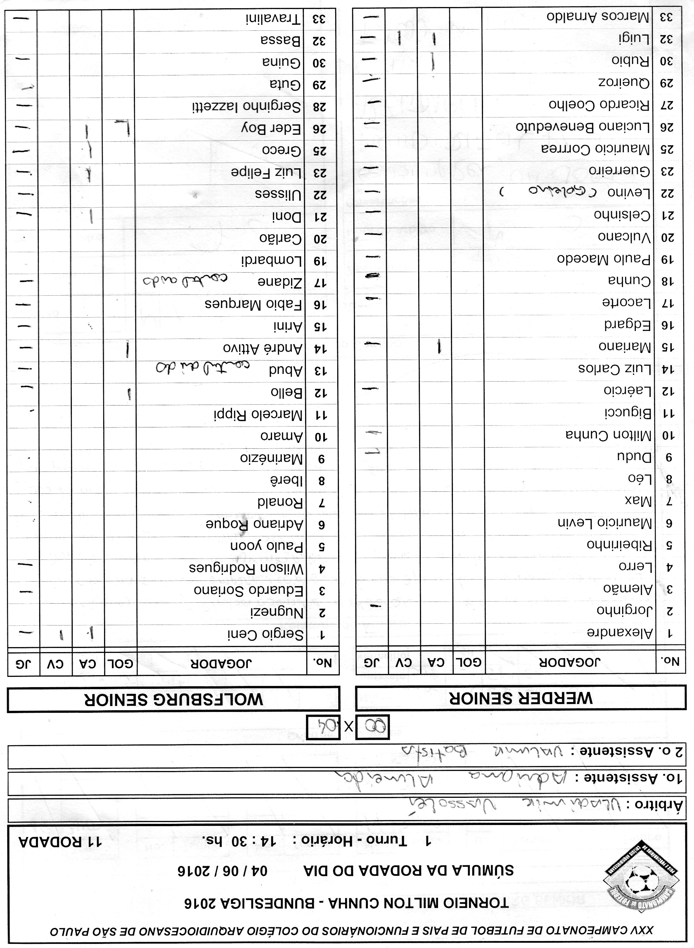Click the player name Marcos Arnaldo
coord(598,17)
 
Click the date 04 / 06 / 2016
coord(222,870)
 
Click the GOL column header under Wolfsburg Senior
coord(121,664)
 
